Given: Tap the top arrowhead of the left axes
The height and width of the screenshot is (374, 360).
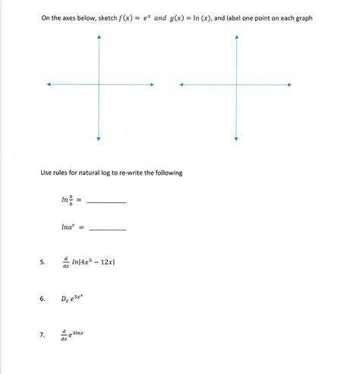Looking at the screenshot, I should tap(98, 37).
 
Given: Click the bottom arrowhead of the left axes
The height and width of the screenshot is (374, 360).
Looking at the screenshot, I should tap(98, 138).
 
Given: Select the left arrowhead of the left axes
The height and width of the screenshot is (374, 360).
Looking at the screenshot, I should tap(48, 84).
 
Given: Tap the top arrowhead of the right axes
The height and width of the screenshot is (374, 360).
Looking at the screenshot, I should tap(237, 37).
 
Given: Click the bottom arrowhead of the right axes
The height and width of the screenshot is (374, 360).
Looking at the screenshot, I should tap(237, 138).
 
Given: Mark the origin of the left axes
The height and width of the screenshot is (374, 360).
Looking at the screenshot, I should tap(98, 84).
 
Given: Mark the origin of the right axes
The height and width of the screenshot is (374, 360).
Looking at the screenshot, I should tap(237, 84).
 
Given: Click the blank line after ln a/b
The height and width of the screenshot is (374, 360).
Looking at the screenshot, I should tap(107, 202).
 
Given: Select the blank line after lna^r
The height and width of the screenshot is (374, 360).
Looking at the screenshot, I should tap(109, 229).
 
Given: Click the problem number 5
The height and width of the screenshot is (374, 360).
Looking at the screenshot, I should tap(43, 263).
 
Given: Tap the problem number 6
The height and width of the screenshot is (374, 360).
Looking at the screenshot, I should tap(43, 299).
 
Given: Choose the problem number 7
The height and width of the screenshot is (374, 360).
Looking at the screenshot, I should tap(43, 334).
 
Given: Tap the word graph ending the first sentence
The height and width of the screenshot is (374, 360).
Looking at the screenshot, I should tap(302, 17).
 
